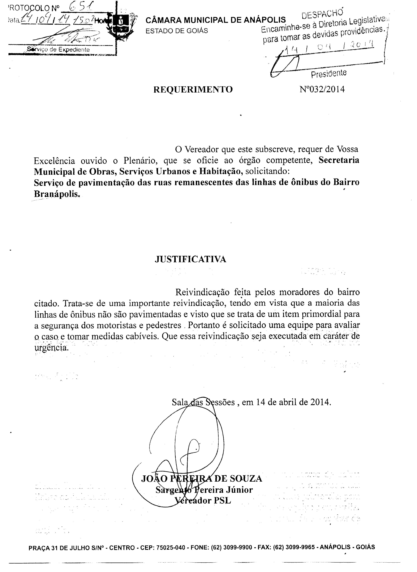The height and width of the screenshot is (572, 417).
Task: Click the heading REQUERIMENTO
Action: [x=193, y=89]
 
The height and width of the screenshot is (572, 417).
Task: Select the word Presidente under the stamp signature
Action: [x=329, y=73]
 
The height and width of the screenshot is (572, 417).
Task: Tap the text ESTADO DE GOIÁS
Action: [x=177, y=31]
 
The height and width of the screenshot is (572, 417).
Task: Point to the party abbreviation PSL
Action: [x=222, y=501]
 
